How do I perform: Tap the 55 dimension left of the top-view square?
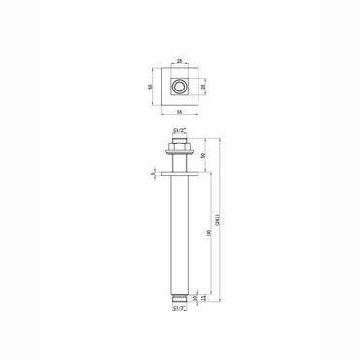click(x=150, y=86)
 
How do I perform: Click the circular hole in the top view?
click(x=179, y=87)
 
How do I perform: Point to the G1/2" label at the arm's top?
click(x=179, y=128)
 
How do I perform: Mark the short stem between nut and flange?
click(x=179, y=163)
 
